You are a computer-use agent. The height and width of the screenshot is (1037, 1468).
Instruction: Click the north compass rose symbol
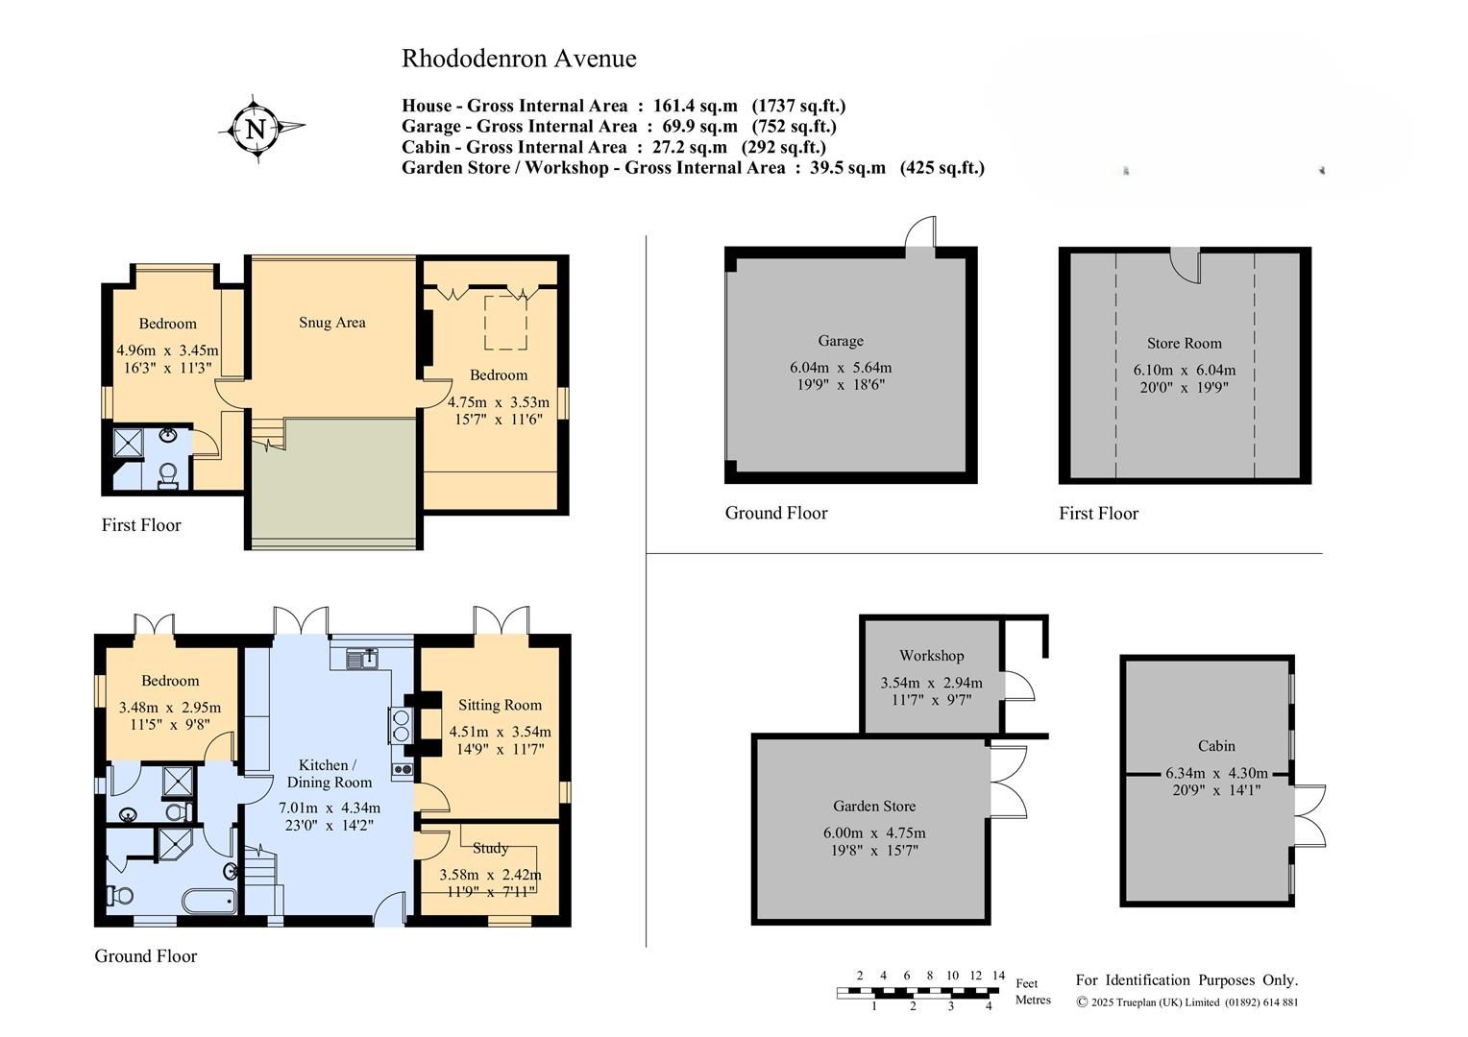tap(257, 129)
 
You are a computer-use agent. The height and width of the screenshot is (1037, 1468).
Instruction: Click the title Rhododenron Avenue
tap(519, 59)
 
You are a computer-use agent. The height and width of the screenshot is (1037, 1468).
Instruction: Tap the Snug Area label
tap(331, 323)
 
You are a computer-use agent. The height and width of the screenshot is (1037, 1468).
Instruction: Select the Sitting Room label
tap(500, 705)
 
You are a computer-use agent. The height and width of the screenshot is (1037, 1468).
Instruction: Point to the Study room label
tap(490, 848)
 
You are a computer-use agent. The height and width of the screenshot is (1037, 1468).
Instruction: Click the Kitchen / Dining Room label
tap(329, 774)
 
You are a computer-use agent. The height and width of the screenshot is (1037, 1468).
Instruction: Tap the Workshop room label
tap(931, 656)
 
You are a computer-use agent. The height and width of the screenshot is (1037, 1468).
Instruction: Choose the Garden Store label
tap(873, 807)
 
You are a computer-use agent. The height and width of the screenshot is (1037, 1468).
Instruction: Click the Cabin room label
tap(1216, 746)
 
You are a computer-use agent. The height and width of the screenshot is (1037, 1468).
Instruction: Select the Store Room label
tap(1184, 344)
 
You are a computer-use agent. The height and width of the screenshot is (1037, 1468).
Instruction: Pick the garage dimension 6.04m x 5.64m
tap(840, 368)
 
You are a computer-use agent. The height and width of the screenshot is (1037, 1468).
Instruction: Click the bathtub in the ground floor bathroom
tap(208, 901)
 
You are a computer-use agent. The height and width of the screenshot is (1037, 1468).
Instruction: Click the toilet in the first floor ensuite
tap(168, 475)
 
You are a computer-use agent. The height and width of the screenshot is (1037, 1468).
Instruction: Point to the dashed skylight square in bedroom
tap(505, 323)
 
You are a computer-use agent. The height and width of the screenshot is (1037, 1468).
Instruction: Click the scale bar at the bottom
tap(919, 991)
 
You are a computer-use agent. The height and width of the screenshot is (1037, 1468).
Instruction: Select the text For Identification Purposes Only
tap(1187, 980)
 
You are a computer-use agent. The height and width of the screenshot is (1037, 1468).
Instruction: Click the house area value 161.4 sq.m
tap(689, 106)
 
